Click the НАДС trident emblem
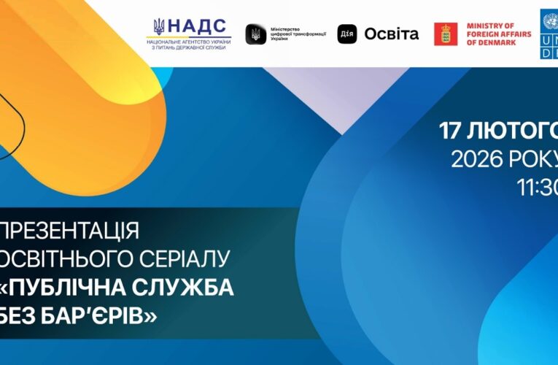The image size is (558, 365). pos(159,28)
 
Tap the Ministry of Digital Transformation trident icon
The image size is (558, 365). pos(255,34)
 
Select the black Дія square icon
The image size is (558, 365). pos(347,34)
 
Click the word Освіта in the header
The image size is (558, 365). pos(392,34)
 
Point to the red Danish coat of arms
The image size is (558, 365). pos(446,34)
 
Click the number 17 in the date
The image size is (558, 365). pos(452,131)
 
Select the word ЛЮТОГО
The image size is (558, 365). pos(514,131)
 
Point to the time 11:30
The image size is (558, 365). pos(538,187)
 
